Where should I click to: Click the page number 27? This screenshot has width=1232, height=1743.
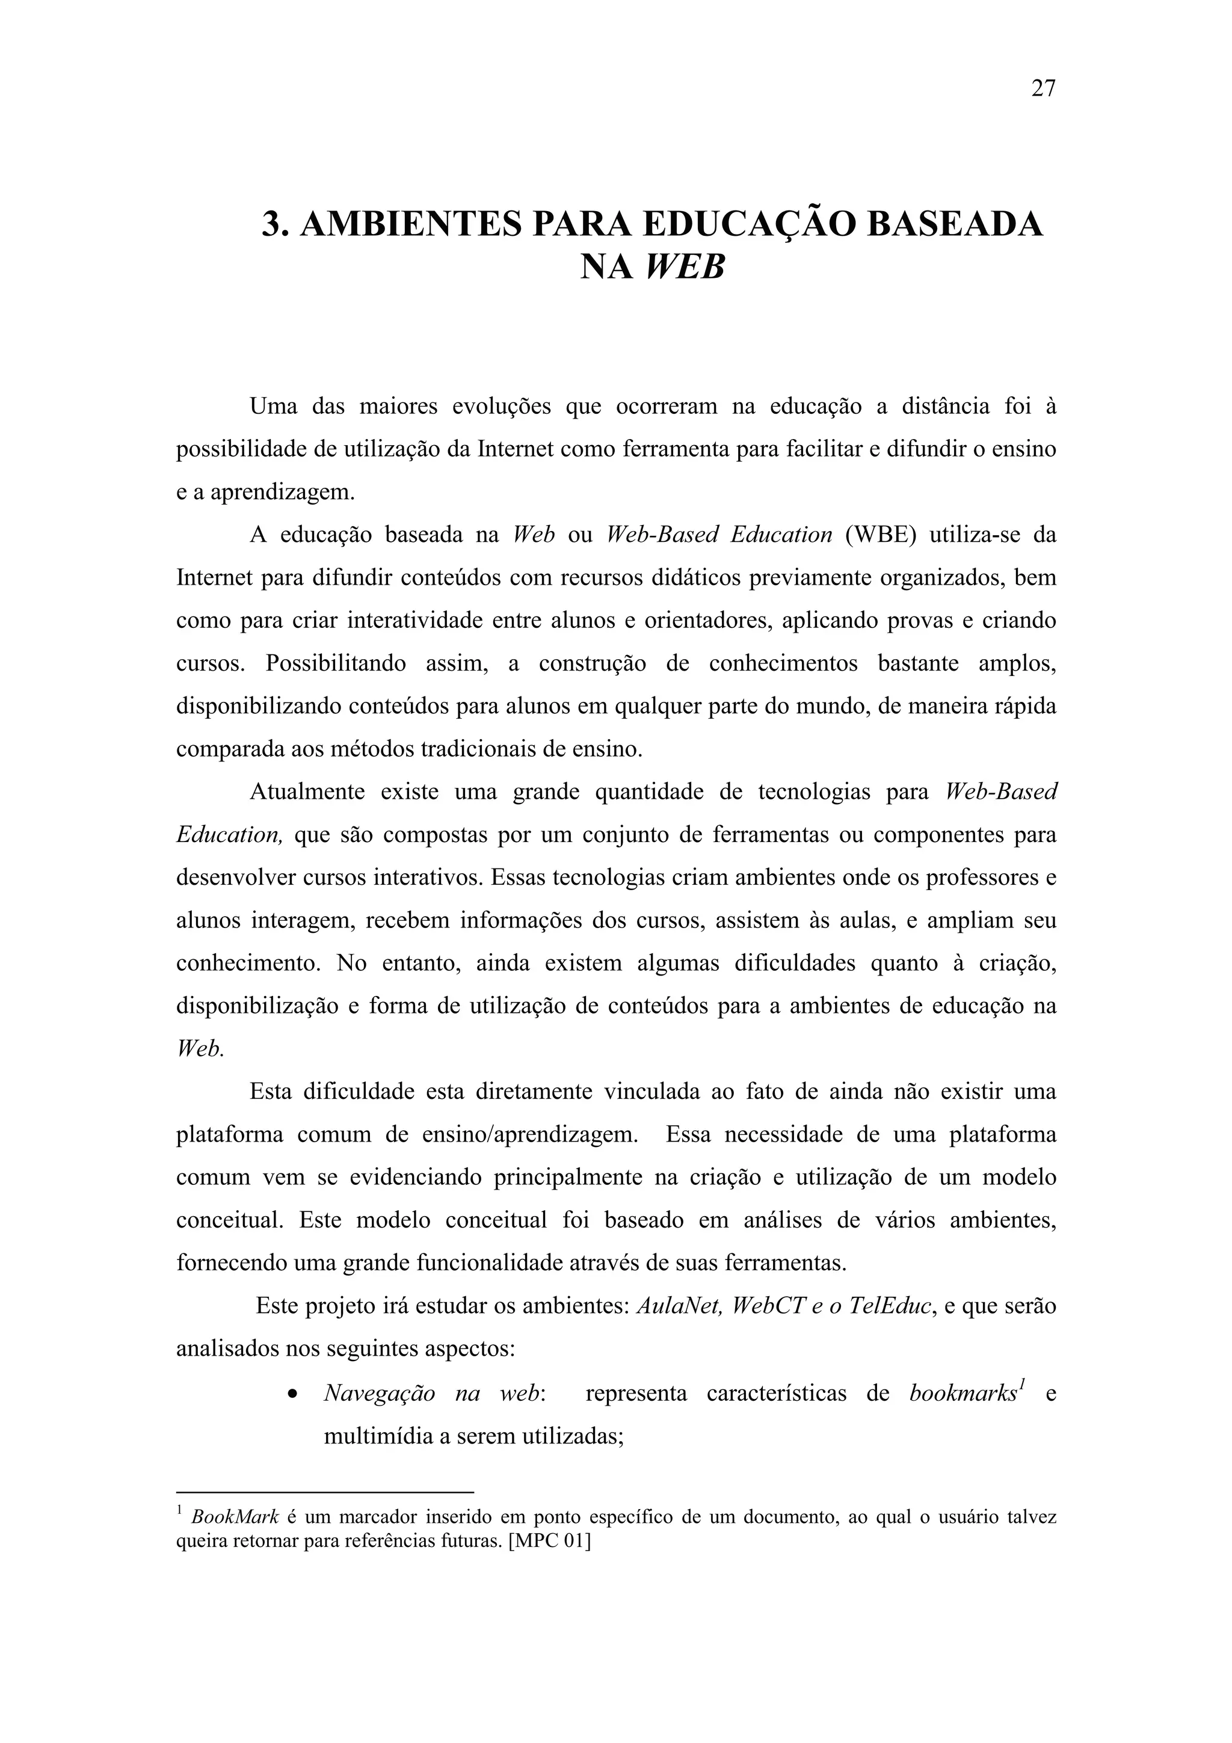tap(1043, 89)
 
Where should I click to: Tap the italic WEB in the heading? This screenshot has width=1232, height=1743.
tap(685, 267)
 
